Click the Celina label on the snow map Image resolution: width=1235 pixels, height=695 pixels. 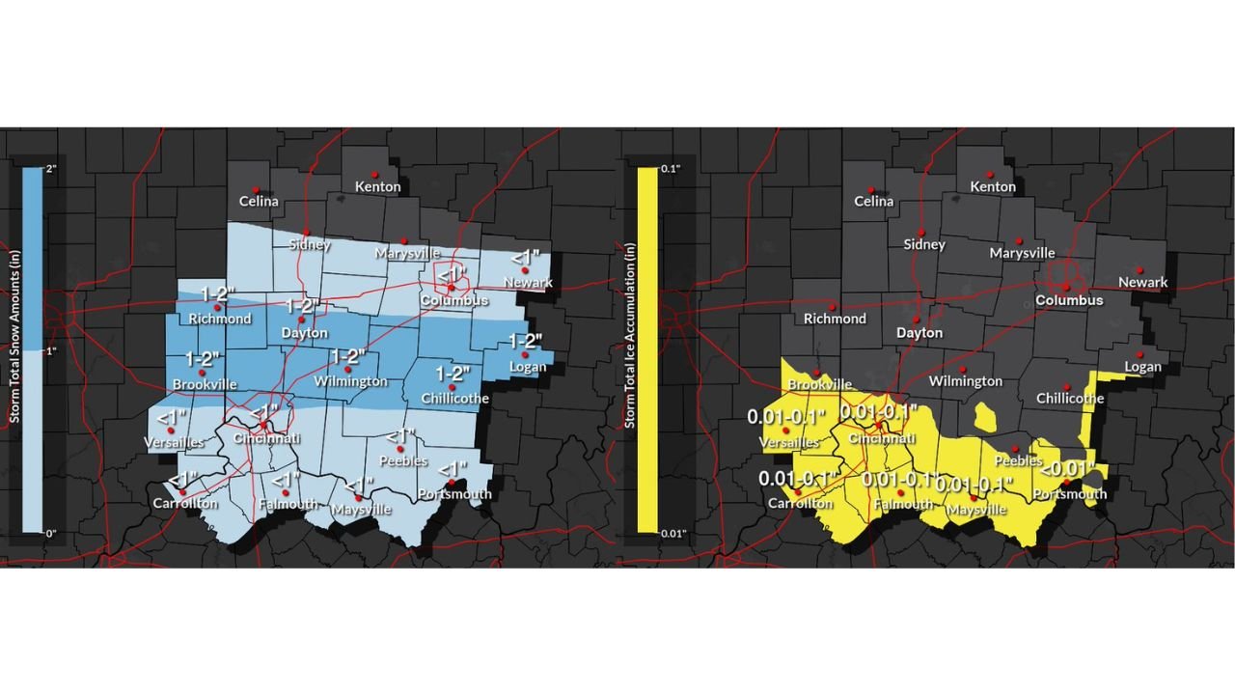tap(260, 202)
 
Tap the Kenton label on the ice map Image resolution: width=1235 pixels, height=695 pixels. tap(993, 186)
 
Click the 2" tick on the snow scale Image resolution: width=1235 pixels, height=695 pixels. tap(51, 169)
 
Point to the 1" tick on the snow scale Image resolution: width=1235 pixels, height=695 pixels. tap(51, 350)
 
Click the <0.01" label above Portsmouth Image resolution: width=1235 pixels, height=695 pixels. tap(1067, 469)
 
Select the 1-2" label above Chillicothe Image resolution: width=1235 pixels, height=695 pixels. tap(453, 374)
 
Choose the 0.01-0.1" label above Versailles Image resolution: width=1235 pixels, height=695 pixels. tap(786, 417)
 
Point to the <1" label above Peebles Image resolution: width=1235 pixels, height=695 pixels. tap(399, 436)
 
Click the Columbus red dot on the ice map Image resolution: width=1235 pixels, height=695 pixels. tap(1065, 286)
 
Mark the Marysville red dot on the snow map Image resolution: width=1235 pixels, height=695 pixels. tap(405, 240)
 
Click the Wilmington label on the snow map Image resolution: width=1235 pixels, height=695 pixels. tap(350, 381)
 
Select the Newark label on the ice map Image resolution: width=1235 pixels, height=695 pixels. tap(1142, 283)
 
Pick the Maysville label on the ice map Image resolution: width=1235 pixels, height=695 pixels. tap(977, 509)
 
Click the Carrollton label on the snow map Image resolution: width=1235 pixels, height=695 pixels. tap(185, 503)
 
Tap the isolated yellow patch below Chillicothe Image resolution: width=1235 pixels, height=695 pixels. tap(987, 417)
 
